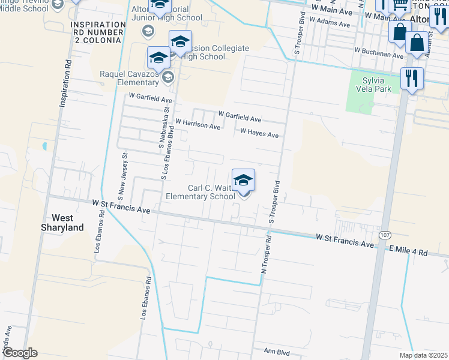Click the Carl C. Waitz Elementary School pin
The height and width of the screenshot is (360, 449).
coord(243,181)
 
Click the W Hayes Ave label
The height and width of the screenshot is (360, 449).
coord(259,133)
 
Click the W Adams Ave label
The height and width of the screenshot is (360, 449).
coord(330,23)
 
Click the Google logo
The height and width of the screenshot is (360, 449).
coord(20,352)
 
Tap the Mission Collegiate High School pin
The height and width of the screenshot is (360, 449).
coord(179,41)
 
